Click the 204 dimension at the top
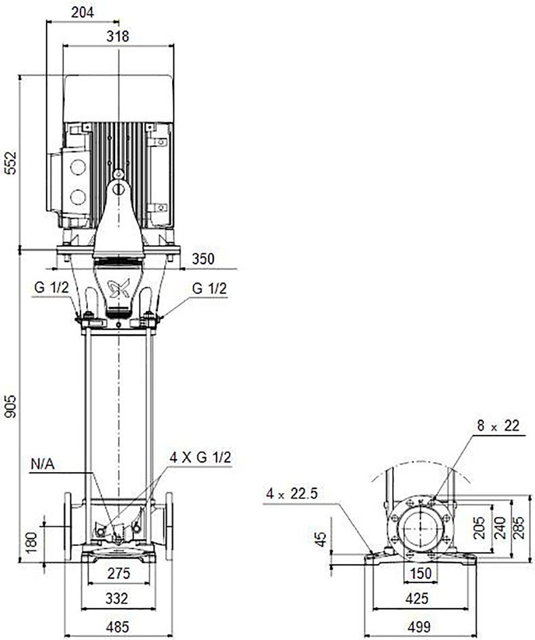point(83,12)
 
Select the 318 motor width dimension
point(118,37)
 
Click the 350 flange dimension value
point(202,259)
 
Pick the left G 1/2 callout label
point(52,288)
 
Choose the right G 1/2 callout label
point(209,289)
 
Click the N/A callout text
point(43,464)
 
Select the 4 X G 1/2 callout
point(200,457)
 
